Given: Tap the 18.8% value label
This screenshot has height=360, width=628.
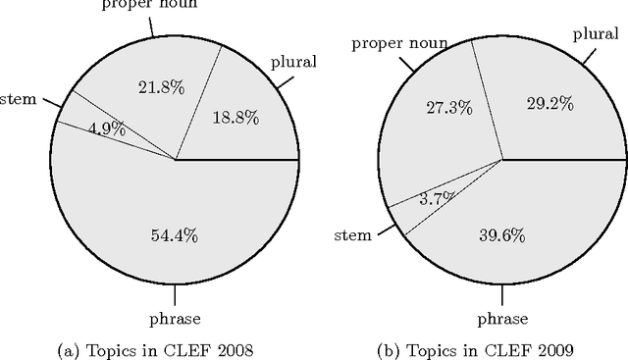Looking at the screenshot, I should click(235, 118).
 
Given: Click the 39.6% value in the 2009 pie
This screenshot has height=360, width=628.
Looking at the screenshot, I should click(501, 235).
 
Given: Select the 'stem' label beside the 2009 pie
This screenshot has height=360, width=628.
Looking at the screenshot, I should click(354, 234).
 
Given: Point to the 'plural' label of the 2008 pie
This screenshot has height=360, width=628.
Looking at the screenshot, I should click(293, 63).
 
